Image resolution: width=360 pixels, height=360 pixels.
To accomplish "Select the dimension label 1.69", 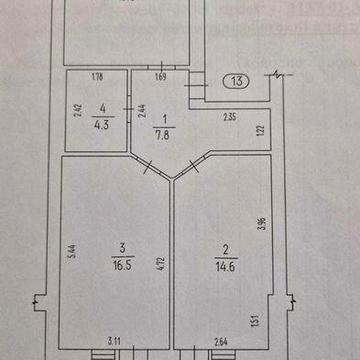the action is (x=159, y=76).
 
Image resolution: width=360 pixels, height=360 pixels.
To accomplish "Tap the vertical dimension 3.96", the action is (x=260, y=225).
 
